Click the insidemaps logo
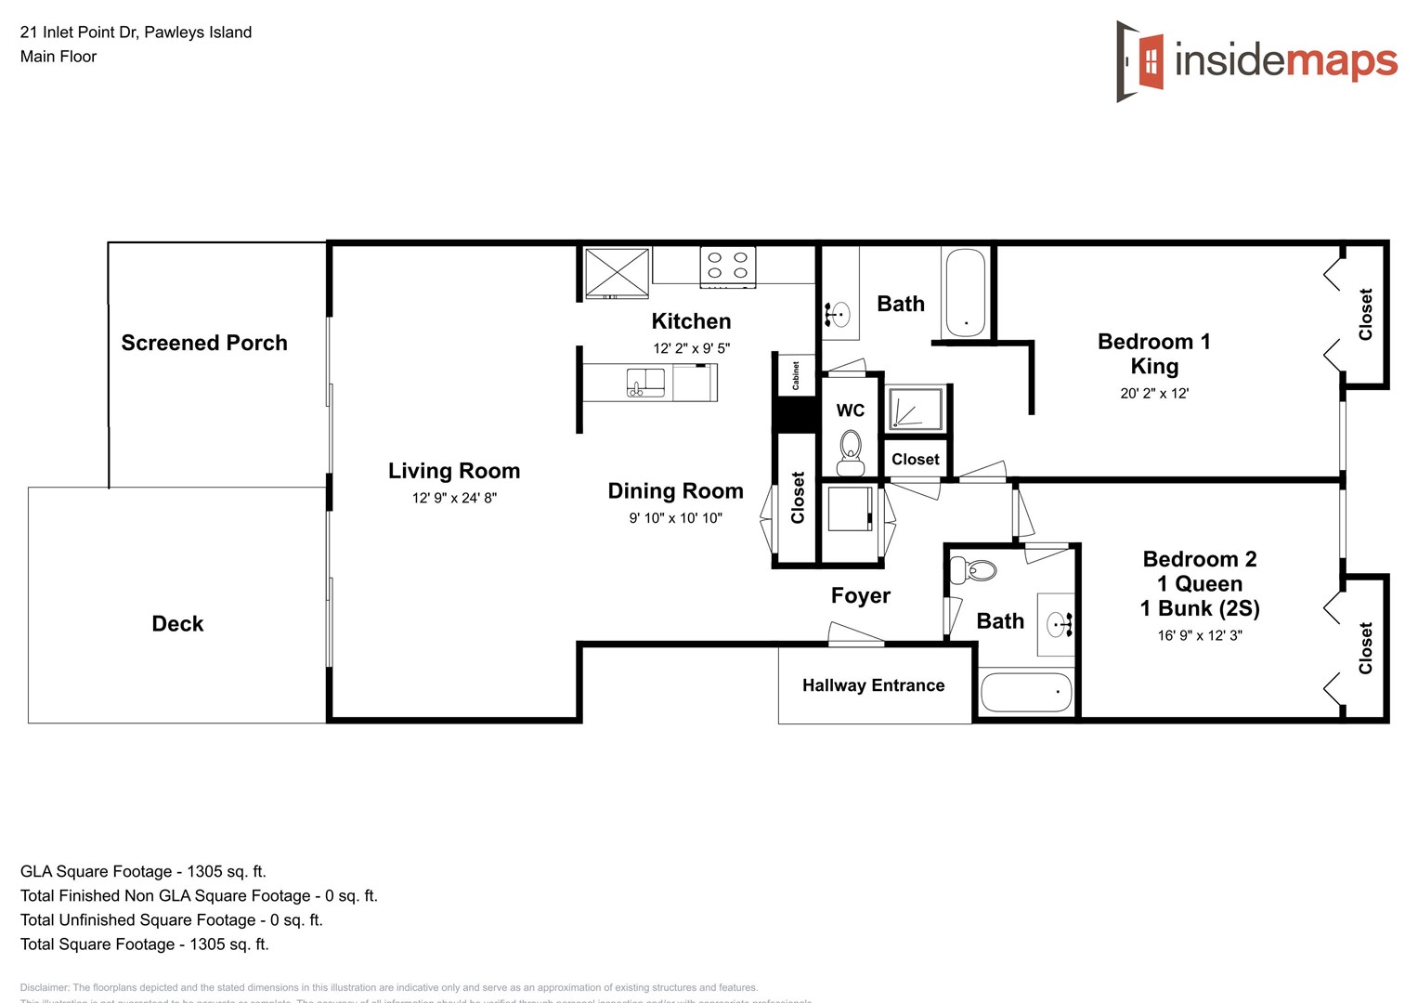1256,61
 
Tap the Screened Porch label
204,343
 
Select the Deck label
177,623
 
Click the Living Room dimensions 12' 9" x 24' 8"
454,498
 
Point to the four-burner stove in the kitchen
727,266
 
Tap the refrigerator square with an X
617,272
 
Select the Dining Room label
675,491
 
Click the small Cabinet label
796,375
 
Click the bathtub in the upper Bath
966,293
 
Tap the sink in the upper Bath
839,315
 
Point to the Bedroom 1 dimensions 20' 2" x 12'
1154,393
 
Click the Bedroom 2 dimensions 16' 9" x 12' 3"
1199,635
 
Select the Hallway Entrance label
873,685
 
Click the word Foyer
860,595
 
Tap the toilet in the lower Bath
973,570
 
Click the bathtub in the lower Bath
1026,692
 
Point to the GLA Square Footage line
143,871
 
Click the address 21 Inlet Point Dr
136,32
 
